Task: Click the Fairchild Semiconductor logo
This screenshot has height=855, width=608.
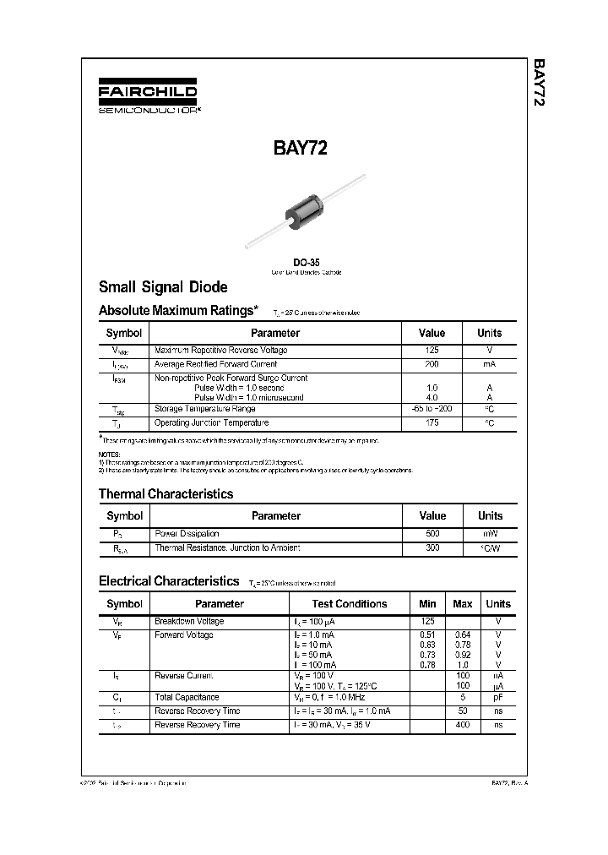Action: pos(148,97)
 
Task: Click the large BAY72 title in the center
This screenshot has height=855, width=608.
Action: pos(300,149)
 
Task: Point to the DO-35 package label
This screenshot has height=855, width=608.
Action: pos(307,262)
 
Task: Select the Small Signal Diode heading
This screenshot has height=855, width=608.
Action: pos(163,287)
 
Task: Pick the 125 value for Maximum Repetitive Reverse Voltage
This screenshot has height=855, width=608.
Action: pos(432,350)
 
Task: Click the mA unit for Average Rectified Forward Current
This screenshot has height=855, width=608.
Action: pos(489,363)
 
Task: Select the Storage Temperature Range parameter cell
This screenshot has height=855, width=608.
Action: pos(204,409)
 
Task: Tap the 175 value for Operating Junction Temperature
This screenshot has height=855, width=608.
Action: pos(432,422)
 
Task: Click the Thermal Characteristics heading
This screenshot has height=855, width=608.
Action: pos(166,494)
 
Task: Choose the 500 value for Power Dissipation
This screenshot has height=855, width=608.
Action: pos(432,533)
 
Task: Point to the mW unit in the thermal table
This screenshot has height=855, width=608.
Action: pos(490,533)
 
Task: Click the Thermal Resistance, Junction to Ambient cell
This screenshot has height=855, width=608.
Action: pos(227,547)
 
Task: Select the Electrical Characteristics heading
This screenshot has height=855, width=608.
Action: pos(169,581)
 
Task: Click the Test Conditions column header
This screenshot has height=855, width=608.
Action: pos(349,604)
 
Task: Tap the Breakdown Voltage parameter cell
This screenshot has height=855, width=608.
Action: pos(189,621)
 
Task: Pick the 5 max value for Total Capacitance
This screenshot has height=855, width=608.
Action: pos(463,697)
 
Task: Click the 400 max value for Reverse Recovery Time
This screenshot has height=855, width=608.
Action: pos(463,725)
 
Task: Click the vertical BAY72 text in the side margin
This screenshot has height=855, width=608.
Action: pos(538,83)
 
